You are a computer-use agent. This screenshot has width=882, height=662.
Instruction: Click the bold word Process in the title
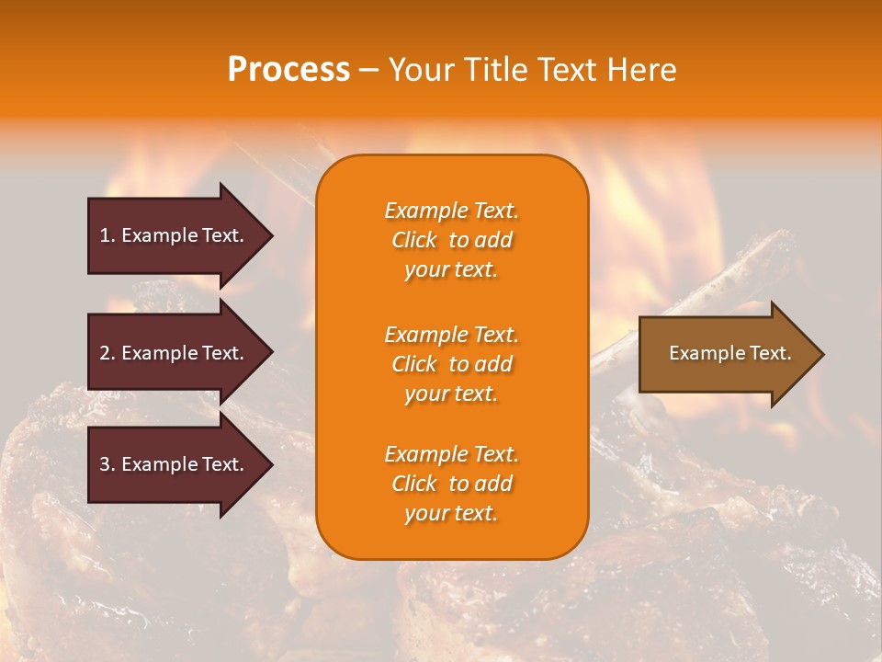(x=288, y=70)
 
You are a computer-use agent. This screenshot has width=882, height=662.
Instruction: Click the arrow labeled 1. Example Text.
(x=175, y=235)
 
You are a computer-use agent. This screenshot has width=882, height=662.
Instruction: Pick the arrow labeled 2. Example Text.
(x=175, y=353)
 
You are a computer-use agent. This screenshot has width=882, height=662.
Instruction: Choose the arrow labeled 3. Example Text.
(x=175, y=464)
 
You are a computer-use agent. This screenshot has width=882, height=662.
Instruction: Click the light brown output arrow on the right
(x=726, y=353)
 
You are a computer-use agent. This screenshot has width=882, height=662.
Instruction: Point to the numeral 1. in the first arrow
(x=107, y=235)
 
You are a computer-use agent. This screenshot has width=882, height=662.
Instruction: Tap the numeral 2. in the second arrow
(x=107, y=353)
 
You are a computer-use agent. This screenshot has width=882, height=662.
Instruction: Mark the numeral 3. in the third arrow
(x=107, y=464)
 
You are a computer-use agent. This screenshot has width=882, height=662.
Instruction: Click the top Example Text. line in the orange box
(x=451, y=211)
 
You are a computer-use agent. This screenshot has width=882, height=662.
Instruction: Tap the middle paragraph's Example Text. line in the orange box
(x=451, y=335)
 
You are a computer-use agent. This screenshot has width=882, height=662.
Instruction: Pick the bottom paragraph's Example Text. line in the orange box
(x=451, y=454)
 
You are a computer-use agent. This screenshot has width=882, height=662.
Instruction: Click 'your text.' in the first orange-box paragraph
(x=451, y=269)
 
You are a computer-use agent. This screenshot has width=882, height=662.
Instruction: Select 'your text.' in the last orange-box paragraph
(x=451, y=513)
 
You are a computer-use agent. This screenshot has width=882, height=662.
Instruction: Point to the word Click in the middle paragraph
(x=414, y=364)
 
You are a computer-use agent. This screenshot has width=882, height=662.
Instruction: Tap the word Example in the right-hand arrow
(x=699, y=353)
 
